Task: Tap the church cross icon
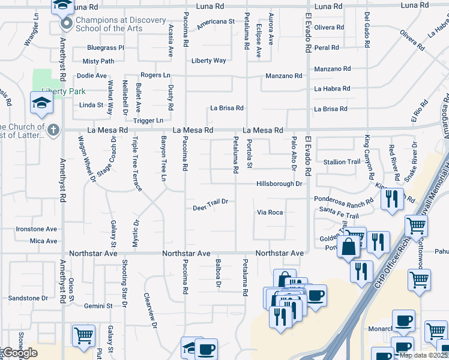(x=53, y=130)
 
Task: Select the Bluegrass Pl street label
(x=105, y=47)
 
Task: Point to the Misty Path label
(x=98, y=61)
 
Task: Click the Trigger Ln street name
(x=147, y=121)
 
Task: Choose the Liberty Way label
(x=209, y=61)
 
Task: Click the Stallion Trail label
(x=342, y=162)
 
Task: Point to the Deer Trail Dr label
(x=210, y=209)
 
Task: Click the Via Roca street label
(x=270, y=212)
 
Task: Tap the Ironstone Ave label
(x=36, y=229)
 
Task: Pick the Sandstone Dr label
(x=28, y=298)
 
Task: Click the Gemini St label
(x=98, y=306)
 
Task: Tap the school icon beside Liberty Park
(x=43, y=103)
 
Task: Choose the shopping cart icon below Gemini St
(x=83, y=335)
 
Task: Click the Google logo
(x=20, y=353)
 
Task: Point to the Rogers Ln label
(x=155, y=75)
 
